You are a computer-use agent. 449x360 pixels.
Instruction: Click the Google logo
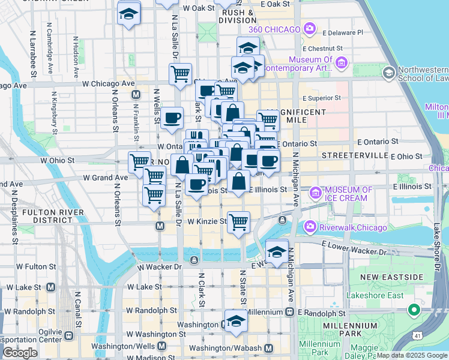pos(20,352)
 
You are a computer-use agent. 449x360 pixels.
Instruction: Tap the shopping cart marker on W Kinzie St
pos(239,221)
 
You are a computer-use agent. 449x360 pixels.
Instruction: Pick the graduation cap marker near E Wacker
pos(276,251)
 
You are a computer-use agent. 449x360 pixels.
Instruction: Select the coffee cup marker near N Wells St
pos(172,118)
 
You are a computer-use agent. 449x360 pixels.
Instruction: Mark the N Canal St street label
pos(77,305)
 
